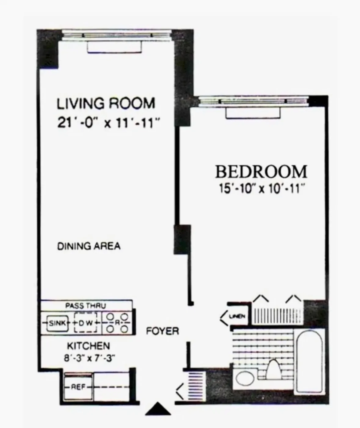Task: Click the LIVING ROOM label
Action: coord(106,104)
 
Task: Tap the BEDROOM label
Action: coord(261,172)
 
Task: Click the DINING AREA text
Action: coord(89,246)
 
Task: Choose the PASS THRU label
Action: coord(85,306)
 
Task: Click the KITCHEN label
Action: coord(88,346)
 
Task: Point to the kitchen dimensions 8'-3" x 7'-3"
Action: coord(89,358)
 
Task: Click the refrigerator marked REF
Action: coord(78,387)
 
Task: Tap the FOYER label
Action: coord(162,331)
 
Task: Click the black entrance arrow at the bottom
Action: coord(158,409)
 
